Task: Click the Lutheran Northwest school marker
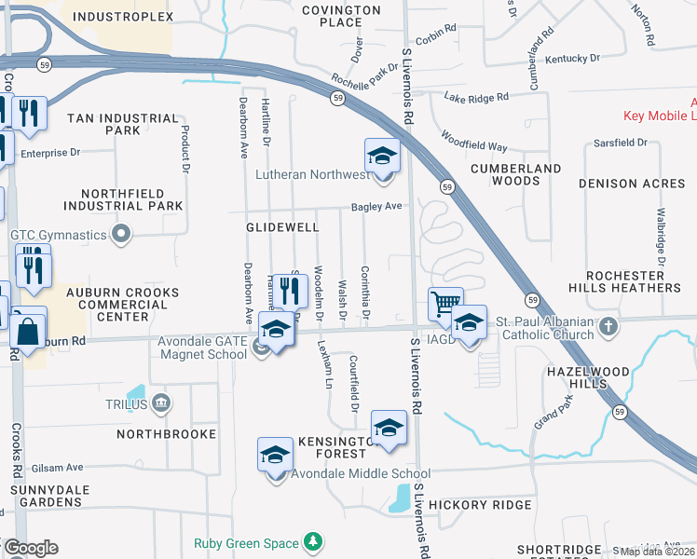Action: pos(382,156)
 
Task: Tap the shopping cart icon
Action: pos(445,304)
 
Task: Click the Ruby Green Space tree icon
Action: pos(314,543)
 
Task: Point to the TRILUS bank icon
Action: pos(161,404)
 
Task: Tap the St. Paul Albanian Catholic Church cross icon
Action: pos(608,327)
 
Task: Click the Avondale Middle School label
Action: pos(348,473)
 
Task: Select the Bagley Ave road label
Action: pos(376,207)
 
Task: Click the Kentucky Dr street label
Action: pos(568,59)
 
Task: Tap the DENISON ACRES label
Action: pos(632,184)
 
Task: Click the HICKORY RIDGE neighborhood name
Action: pos(485,505)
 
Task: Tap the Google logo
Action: pos(30,548)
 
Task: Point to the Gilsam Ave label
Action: pos(58,468)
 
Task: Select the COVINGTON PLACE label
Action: pos(342,16)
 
